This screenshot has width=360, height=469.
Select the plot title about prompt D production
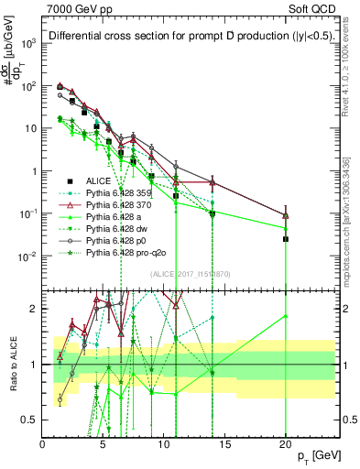[x=180, y=36]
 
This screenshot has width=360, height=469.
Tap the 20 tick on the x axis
[x=286, y=444]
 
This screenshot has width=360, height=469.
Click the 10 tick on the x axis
[x=164, y=444]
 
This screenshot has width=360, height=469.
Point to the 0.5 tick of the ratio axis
[x=34, y=420]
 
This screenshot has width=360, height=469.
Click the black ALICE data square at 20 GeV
[x=286, y=239]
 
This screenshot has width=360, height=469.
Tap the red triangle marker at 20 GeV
[x=286, y=216]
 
